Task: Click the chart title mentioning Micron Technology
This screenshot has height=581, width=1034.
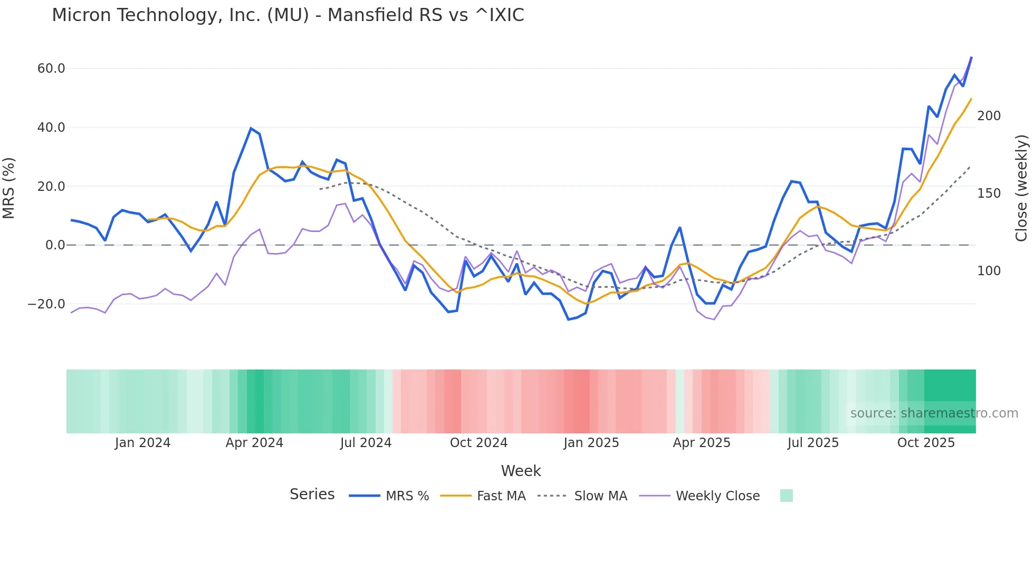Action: [x=288, y=15]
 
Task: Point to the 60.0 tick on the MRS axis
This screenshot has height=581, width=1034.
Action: [x=51, y=69]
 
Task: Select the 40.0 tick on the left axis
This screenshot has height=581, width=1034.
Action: [x=51, y=128]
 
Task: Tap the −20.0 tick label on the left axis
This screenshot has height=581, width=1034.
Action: [x=46, y=304]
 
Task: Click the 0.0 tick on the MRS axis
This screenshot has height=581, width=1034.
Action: [x=55, y=245]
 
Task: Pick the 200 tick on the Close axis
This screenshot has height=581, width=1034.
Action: [x=989, y=116]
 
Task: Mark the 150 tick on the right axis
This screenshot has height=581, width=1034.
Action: [x=989, y=193]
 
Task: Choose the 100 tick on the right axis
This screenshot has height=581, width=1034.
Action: [x=989, y=271]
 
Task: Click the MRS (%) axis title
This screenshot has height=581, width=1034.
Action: [x=8, y=188]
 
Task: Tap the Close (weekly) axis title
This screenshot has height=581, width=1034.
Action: [x=1022, y=188]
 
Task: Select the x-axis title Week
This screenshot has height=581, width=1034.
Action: [x=521, y=471]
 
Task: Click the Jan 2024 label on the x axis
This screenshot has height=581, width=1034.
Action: [x=142, y=443]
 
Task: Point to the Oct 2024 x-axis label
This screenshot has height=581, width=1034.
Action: [x=478, y=443]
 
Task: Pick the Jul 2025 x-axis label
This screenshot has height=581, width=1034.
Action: [x=813, y=443]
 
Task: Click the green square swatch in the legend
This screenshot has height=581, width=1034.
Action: [x=786, y=496]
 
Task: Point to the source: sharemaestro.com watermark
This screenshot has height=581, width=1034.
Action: [x=934, y=413]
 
